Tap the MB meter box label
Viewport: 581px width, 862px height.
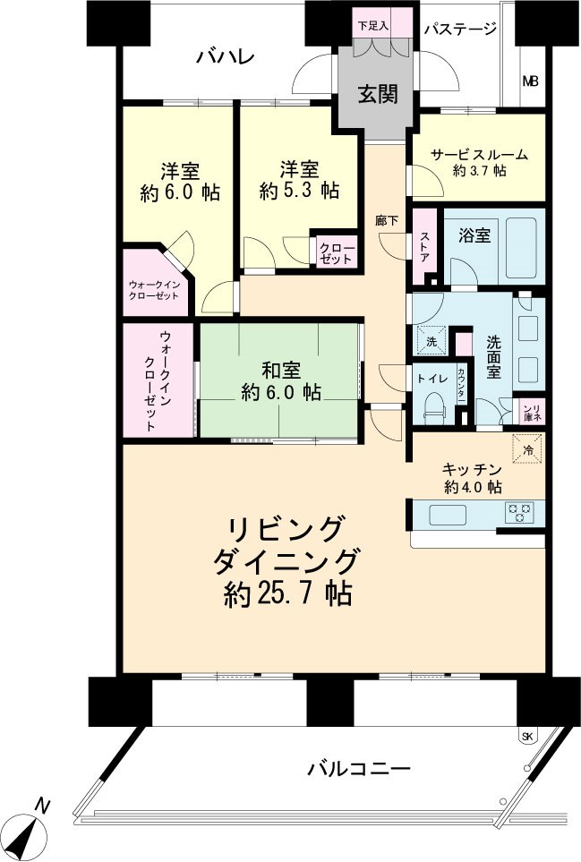coord(530,81)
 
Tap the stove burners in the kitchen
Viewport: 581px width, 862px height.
coord(519,513)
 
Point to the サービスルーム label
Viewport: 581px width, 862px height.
coord(479,154)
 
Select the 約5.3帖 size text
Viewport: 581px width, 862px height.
coord(299,191)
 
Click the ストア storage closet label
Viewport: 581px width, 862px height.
coord(424,245)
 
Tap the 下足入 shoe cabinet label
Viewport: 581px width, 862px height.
coord(373,25)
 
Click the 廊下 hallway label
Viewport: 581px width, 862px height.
coord(387,219)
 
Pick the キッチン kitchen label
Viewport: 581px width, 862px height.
coord(472,468)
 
